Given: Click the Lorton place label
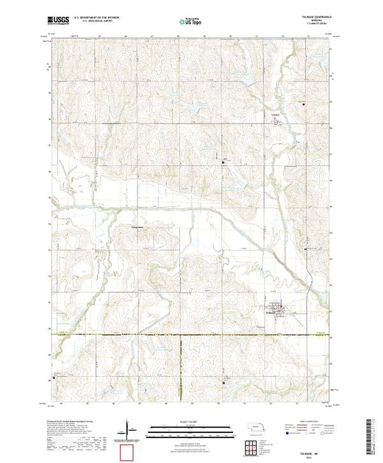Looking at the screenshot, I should point(277,117).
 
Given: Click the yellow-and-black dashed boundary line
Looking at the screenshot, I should point(191,336).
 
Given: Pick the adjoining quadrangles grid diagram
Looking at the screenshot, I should point(253,447).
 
